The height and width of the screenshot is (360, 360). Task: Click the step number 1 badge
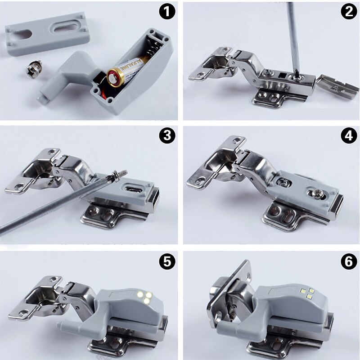tap(168, 13)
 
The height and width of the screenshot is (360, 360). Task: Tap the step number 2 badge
tap(348, 12)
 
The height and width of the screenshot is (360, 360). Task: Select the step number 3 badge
tap(168, 136)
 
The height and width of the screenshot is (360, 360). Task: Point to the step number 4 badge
tap(348, 136)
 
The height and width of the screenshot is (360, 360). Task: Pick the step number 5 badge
tap(168, 261)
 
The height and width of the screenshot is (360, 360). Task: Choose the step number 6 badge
tap(348, 261)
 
